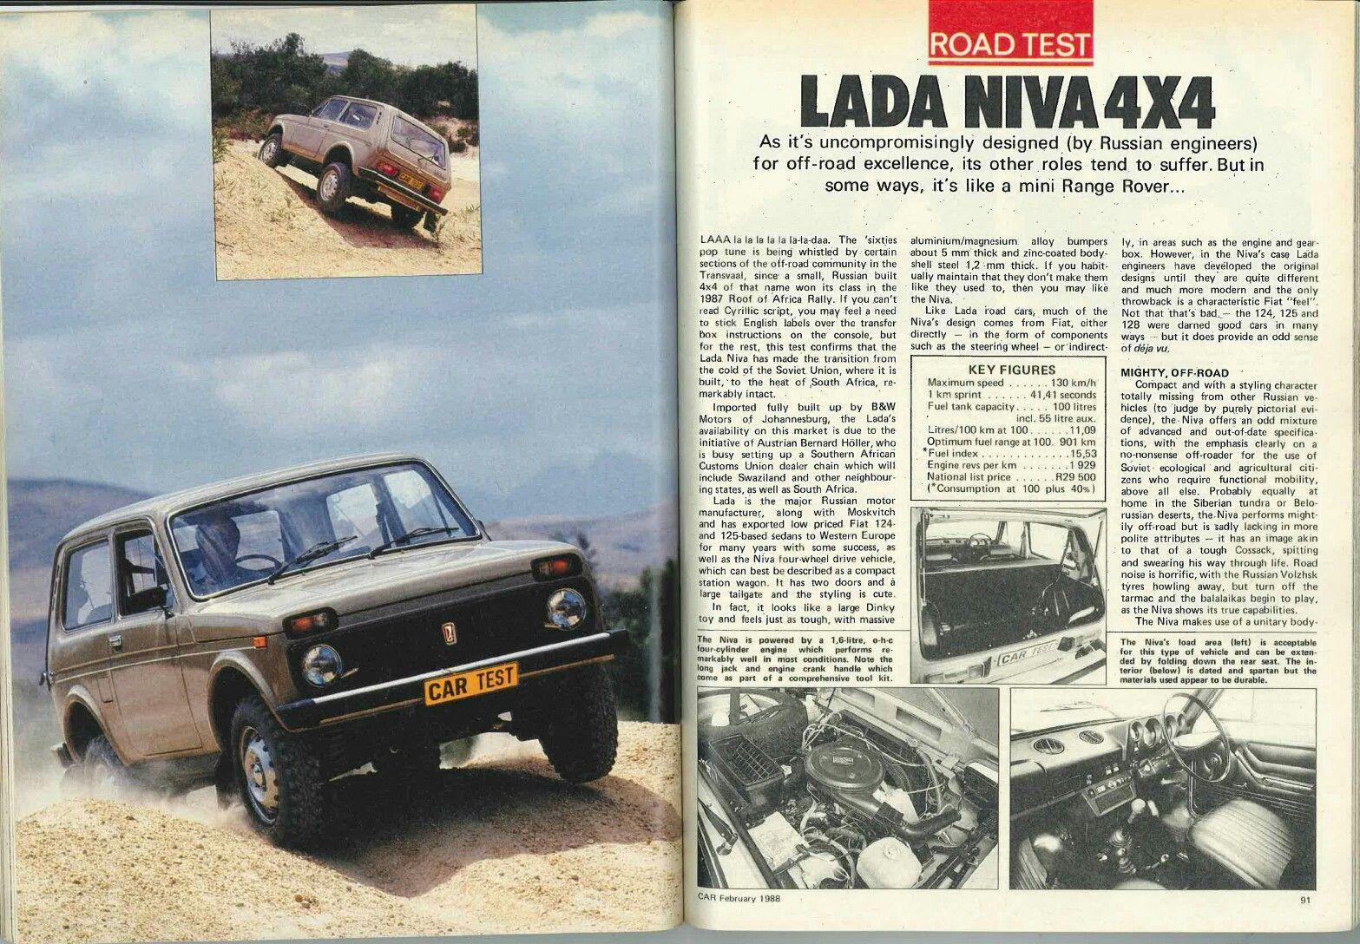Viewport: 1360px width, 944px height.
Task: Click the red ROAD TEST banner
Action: (1009, 43)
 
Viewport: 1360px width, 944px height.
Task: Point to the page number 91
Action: (1305, 922)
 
